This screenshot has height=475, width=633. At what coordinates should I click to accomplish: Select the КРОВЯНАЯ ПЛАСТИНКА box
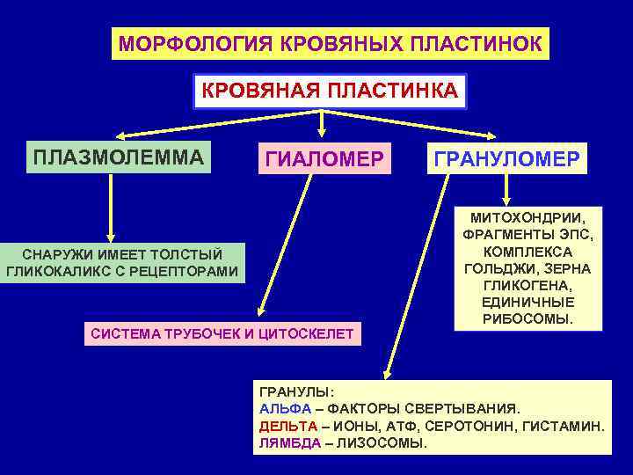coord(330,91)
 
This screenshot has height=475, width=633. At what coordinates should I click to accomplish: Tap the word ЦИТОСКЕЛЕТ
coord(309,332)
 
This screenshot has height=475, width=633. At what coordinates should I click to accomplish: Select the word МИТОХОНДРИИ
coord(527,216)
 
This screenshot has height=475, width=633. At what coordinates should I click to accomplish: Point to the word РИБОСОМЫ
coord(527,319)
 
